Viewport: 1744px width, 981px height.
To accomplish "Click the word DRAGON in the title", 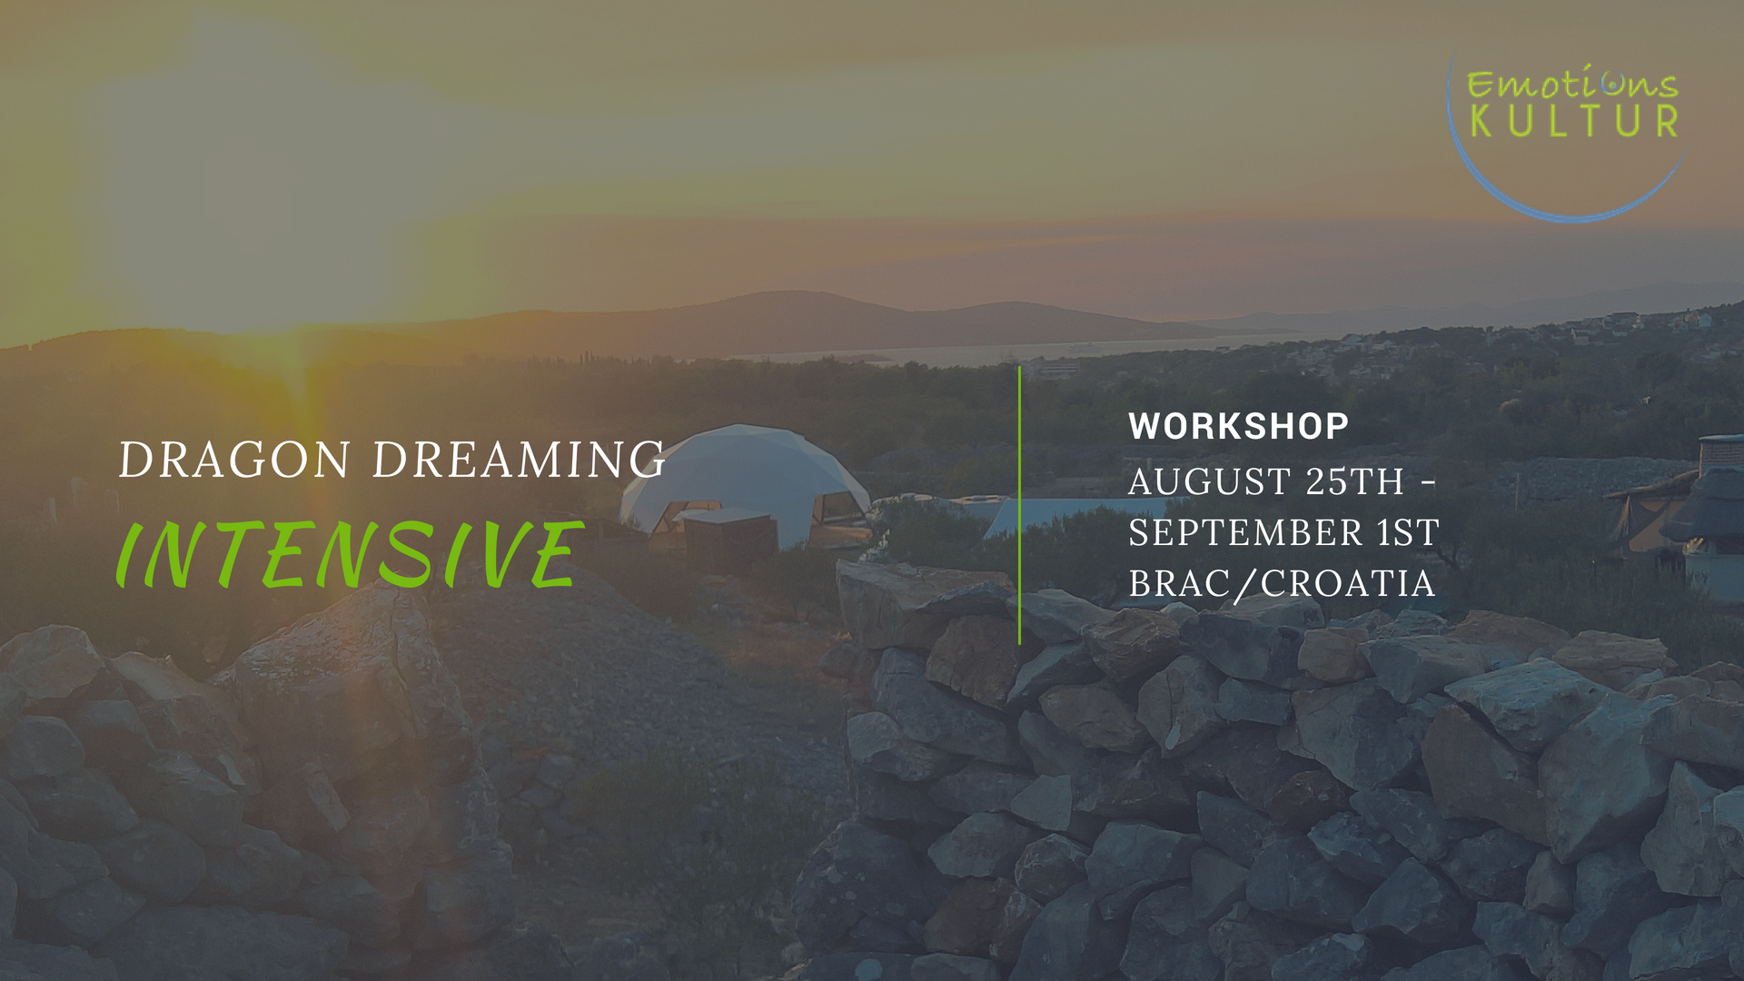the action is click(234, 460).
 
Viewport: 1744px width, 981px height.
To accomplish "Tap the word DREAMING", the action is click(520, 460).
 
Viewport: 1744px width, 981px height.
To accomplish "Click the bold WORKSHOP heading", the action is click(1238, 426).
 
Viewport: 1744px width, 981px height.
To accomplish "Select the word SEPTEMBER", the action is click(1246, 532).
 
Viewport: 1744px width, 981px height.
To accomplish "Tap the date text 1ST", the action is click(1409, 532).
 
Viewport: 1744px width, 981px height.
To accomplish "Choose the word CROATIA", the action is click(1348, 583).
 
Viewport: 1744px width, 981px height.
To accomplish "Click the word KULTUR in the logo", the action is click(1574, 121).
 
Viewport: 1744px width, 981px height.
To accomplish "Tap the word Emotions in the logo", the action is click(1572, 83).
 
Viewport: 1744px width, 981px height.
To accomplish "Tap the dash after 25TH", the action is click(1428, 482).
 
